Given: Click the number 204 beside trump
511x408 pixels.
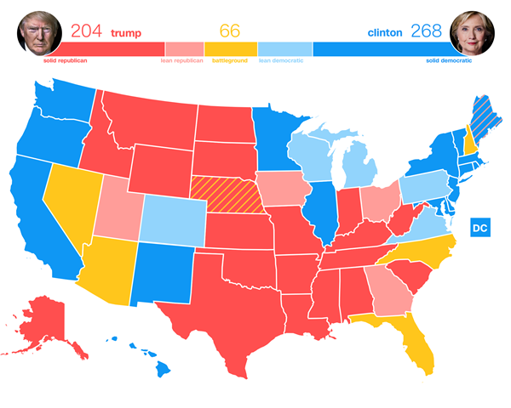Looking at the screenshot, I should [86, 31].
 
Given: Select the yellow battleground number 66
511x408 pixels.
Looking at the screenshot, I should [230, 31].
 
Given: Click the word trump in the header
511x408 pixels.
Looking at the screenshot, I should [125, 32].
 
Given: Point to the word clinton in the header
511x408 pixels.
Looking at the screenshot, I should [384, 32].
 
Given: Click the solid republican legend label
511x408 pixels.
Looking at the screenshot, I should [69, 61].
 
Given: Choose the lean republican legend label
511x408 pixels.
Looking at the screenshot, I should [182, 61].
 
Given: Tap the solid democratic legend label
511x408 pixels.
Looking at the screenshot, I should [448, 61].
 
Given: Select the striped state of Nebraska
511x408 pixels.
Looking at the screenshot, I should [226, 195].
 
